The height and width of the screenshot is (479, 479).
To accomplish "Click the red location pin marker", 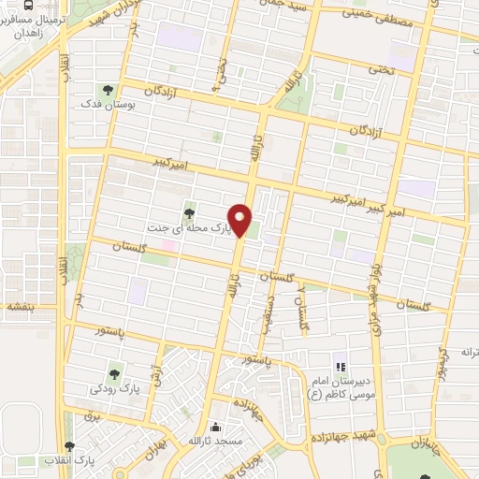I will coord(241,219).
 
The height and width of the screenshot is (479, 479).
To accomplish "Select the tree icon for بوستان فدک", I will coord(108,90).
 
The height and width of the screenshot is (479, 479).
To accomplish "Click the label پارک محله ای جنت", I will coord(186,227).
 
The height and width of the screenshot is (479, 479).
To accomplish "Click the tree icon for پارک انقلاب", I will coord(68,446).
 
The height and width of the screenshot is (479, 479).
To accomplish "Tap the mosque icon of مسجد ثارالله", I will coord(217,424).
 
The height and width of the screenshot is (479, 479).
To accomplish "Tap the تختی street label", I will coord(381,69).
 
